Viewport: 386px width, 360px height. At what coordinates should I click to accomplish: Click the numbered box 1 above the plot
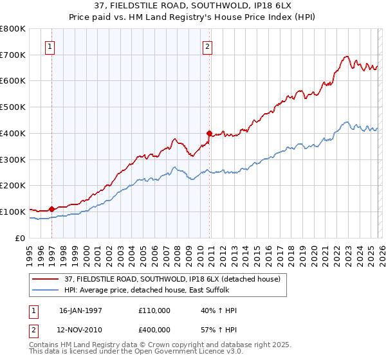click(50, 46)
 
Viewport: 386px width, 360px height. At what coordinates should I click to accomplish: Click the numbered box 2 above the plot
click(208, 46)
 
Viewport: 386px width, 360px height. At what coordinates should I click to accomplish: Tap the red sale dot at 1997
click(51, 209)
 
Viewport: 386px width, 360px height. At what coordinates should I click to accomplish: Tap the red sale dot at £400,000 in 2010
click(209, 133)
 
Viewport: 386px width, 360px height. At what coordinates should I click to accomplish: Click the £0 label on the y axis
click(19, 238)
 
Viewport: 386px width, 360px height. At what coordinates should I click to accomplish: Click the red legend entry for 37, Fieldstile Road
click(172, 279)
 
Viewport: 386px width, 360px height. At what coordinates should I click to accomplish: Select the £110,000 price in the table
click(154, 310)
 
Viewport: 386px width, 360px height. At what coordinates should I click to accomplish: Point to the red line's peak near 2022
click(346, 56)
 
